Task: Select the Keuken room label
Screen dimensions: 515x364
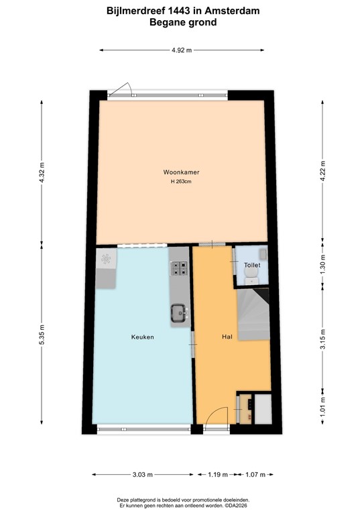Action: [x=143, y=337]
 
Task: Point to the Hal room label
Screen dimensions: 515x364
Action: [x=227, y=337]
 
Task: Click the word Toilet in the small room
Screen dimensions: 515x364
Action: [x=251, y=266]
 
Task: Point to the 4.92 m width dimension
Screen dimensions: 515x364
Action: [x=182, y=50]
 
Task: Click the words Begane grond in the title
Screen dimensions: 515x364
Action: [x=182, y=21]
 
